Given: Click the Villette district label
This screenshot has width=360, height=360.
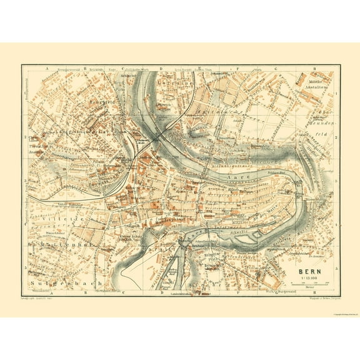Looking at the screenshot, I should [50, 219].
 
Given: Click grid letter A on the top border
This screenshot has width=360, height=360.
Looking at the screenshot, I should [47, 66].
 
